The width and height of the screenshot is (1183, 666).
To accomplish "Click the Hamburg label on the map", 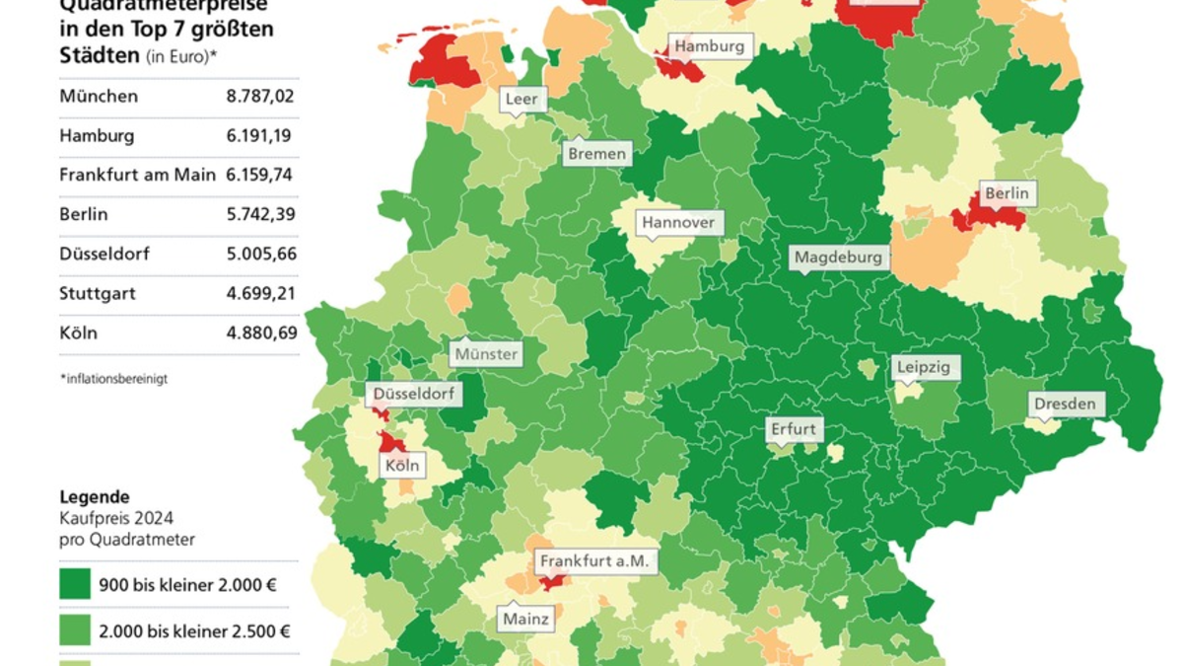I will coord(709,46).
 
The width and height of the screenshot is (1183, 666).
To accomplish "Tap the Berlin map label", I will coord(1007,193).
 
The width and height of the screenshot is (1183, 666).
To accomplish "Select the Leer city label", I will coord(521,99).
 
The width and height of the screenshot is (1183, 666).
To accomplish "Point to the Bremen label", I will coord(596,154).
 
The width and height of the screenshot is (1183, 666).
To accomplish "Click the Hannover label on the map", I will coord(678,223).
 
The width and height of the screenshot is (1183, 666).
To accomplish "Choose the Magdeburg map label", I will coord(838,258).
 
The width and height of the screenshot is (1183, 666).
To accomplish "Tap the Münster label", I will coord(486,353).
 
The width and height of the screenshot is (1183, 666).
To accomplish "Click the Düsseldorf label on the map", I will coord(414,395).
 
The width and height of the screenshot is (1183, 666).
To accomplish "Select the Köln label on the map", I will coord(403,465).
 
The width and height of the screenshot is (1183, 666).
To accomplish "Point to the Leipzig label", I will coord(924,368).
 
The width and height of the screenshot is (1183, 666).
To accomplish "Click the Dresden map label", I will coord(1064,404).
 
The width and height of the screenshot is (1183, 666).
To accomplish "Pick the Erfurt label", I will coord(794,429).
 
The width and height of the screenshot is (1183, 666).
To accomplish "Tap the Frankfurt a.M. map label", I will coord(594,560).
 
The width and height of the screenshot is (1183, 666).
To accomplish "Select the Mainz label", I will coord(525,620).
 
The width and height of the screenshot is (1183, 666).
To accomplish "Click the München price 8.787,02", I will coord(260,97).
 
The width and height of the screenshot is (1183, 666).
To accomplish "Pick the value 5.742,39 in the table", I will coord(260,214).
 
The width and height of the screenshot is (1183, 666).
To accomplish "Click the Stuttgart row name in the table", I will coord(97,293).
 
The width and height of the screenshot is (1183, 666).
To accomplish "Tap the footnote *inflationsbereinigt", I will coord(113,378).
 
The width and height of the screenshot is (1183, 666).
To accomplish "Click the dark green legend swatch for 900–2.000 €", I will coord(74,584).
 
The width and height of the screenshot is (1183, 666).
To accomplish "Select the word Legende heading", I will coord(95,497).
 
